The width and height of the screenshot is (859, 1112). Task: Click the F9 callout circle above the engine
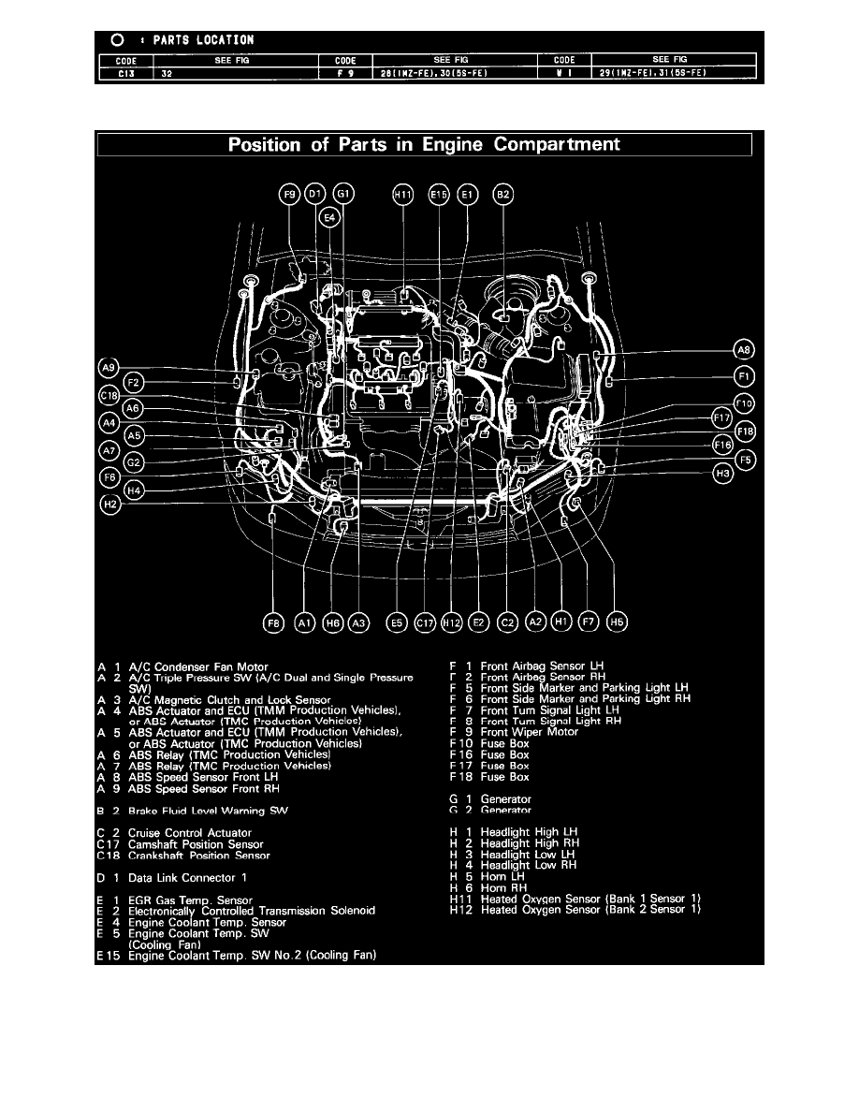coord(289,195)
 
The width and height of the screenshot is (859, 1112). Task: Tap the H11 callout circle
coord(402,195)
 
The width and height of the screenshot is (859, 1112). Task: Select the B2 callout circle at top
coord(503,195)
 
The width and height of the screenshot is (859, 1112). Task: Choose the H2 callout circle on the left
coord(110,504)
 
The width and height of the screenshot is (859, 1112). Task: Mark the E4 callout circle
coord(328,218)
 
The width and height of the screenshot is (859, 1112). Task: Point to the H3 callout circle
coord(722,474)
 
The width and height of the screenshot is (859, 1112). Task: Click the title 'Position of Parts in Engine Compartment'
coord(424,145)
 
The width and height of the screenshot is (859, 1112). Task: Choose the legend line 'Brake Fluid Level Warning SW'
coord(209,811)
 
